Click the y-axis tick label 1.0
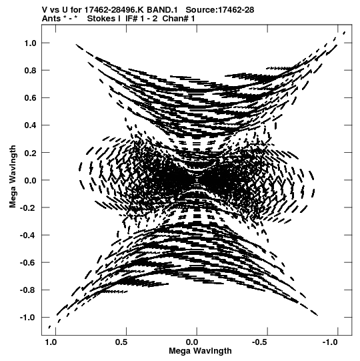point(30,43)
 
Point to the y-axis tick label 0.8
point(30,71)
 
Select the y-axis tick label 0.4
point(30,125)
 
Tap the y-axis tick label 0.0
point(30,180)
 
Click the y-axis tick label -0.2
point(28,208)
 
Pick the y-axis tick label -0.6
point(28,263)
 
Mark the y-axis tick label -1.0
point(28,318)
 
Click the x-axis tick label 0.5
point(121,342)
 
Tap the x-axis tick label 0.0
point(192,342)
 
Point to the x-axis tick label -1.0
point(330,342)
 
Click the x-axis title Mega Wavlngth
point(200,351)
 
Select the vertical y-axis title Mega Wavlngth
point(13,177)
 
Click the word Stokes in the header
point(101,19)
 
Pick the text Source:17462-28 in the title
point(220,10)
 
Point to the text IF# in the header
point(131,19)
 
